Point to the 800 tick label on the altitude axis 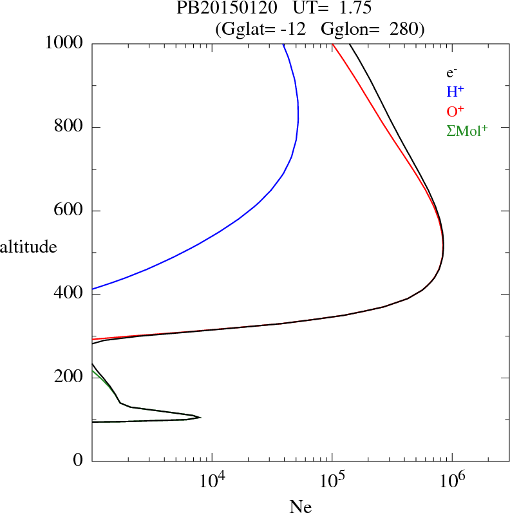(x=69, y=127)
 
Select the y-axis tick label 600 (x=69, y=211)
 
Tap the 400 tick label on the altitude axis (x=69, y=294)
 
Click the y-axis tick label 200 (x=69, y=378)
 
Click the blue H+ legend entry (x=455, y=92)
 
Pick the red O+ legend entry (x=456, y=111)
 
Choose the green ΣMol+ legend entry (x=467, y=131)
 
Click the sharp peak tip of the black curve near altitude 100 (x=200, y=418)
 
